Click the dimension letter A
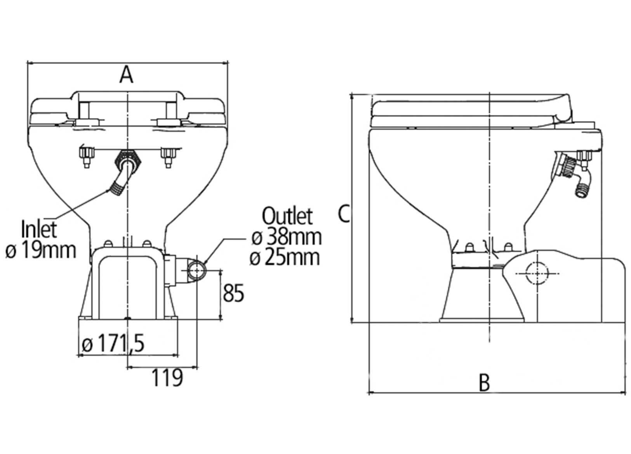(126, 75)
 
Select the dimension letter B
(484, 382)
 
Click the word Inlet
(39, 229)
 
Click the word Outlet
(287, 216)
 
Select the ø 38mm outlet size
(287, 237)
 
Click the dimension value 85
(233, 293)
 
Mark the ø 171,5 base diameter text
(113, 344)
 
